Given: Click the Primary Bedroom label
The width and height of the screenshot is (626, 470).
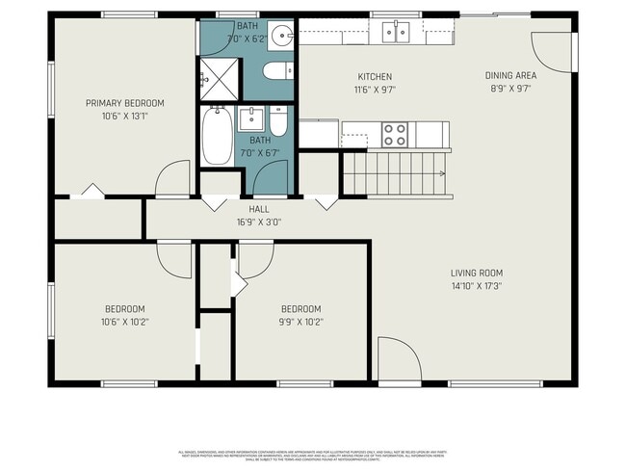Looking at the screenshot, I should pos(124,103).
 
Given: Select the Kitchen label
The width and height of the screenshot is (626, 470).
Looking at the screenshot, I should pos(375,77).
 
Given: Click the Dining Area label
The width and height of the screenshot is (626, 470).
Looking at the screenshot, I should pos(509,75).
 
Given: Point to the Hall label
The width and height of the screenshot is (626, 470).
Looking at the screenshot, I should pos(258,208).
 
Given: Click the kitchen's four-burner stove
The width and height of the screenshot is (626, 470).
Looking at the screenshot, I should pos(394,134).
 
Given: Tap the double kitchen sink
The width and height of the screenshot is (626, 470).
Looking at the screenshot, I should pos(396,32).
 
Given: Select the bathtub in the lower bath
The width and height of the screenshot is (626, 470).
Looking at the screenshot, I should pos(217,136).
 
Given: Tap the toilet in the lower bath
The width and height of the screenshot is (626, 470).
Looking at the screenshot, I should pos(278,121).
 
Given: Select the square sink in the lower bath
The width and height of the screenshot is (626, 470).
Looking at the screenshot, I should pos(249,119).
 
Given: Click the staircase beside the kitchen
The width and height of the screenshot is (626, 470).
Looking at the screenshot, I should pos(395,173).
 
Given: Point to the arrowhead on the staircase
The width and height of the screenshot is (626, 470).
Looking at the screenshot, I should pos(442,173).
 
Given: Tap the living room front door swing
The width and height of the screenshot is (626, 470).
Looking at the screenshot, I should pos(398,359).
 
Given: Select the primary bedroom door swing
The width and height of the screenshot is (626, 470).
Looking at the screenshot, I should pos(174,179).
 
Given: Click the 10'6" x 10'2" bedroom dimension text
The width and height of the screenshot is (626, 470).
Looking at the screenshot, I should pos(125,322).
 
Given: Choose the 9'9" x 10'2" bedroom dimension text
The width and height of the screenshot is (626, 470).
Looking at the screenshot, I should pos(300,322).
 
